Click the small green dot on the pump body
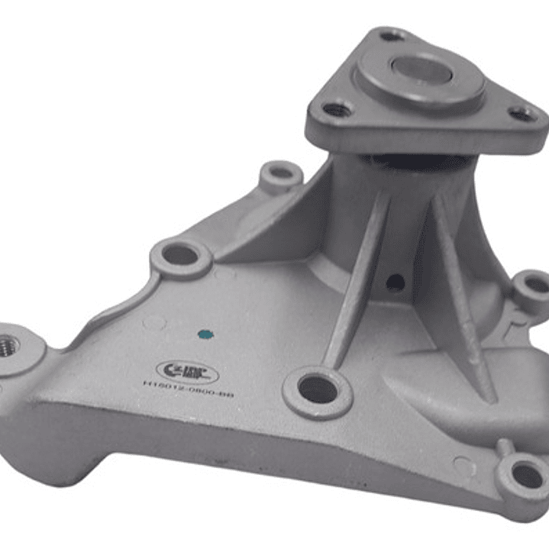(x=203, y=334)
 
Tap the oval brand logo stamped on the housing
(x=187, y=373)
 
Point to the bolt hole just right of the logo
(x=317, y=390)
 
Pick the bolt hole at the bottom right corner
(x=526, y=475)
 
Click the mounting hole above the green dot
(x=180, y=255)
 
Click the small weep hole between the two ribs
(x=395, y=282)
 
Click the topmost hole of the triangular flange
(x=392, y=35)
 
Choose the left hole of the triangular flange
(x=337, y=110)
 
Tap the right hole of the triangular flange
(x=522, y=115)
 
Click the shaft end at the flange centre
(x=420, y=70)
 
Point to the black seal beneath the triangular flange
(x=412, y=161)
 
